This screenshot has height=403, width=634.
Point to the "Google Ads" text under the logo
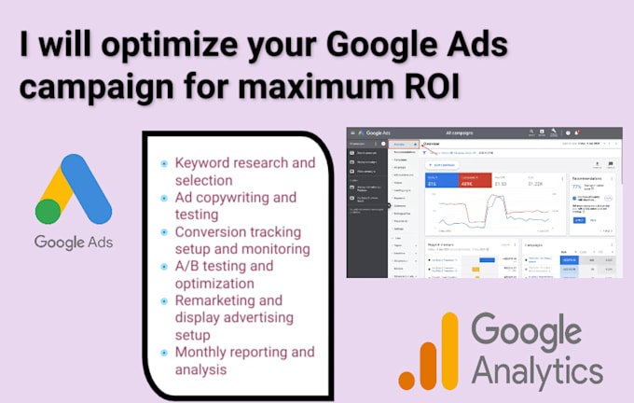point(73,243)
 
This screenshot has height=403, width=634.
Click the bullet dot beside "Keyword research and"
point(164,163)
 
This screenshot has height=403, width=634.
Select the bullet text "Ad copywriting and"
point(236,198)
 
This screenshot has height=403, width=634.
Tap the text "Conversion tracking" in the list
point(241,232)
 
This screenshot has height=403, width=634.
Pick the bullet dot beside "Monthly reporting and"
point(164,352)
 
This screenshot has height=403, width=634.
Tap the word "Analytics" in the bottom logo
point(536,370)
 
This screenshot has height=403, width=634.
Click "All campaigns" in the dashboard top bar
point(463,134)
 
